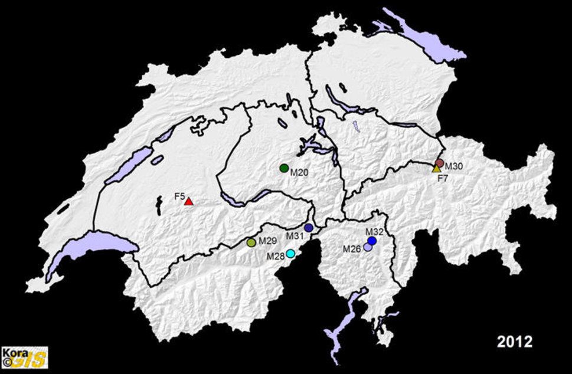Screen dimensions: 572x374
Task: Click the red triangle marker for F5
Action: pyautogui.click(x=188, y=202)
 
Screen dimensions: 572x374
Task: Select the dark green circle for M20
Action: pyautogui.click(x=284, y=168)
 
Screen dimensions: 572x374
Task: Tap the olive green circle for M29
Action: pyautogui.click(x=251, y=242)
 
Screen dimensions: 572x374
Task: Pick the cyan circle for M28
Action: pyautogui.click(x=290, y=254)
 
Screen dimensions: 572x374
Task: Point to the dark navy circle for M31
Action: pyautogui.click(x=309, y=228)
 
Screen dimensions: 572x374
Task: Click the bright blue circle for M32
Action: pyautogui.click(x=372, y=241)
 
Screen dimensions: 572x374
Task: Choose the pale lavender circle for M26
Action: pyautogui.click(x=368, y=248)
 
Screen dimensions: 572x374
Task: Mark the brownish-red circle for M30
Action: pyautogui.click(x=439, y=163)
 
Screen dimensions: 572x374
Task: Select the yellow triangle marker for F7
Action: pyautogui.click(x=436, y=169)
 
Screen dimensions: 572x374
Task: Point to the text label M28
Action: pyautogui.click(x=276, y=256)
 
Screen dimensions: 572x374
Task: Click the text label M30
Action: pyautogui.click(x=454, y=166)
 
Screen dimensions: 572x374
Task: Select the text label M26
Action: pyautogui.click(x=352, y=249)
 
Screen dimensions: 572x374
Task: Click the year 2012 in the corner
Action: pyautogui.click(x=514, y=342)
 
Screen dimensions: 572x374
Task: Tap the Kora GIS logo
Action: pyautogui.click(x=24, y=357)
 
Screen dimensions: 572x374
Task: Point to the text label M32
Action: pyautogui.click(x=375, y=232)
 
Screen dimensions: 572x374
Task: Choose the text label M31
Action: pyautogui.click(x=295, y=236)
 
